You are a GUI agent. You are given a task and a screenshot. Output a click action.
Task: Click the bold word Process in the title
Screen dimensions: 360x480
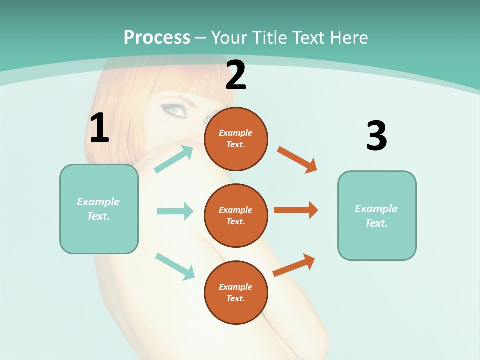point(157,37)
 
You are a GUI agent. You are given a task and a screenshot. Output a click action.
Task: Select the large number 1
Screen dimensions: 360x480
point(99,128)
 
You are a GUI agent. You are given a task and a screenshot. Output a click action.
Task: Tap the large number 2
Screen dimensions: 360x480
point(236,75)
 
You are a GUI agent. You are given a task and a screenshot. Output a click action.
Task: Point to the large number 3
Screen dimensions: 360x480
point(376,136)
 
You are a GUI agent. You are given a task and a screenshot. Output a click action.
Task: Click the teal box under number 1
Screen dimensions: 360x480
point(99,209)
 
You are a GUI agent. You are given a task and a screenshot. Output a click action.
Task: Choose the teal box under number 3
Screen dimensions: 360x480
point(377,215)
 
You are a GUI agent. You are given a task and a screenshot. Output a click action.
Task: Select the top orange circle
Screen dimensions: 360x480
point(236,139)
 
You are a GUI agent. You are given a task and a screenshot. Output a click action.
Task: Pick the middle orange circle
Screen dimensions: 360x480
point(236,215)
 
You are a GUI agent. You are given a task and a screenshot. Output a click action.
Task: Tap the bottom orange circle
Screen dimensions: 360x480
point(236,292)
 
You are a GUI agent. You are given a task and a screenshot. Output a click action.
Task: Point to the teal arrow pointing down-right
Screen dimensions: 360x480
point(175,266)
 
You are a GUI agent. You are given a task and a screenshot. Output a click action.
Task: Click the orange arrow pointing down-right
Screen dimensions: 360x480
point(297,160)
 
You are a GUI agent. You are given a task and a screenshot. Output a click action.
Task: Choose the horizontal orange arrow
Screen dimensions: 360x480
point(296,210)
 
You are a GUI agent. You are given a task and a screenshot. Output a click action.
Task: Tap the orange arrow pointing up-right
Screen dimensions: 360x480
point(294,265)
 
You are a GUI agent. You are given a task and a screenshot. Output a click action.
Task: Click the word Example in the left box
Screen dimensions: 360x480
point(98,202)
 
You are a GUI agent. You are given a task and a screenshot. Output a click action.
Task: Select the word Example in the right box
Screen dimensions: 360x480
point(376,209)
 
